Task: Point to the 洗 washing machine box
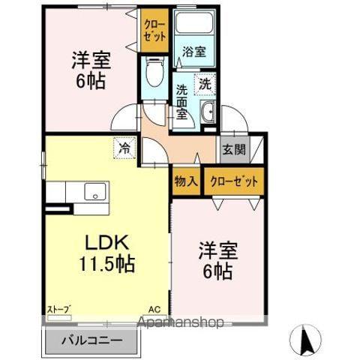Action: [x=204, y=84]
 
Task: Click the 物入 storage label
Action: [x=186, y=181]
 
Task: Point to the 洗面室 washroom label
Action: [x=182, y=100]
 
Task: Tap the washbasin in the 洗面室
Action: [x=208, y=114]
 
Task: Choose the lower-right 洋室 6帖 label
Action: [x=216, y=258]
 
